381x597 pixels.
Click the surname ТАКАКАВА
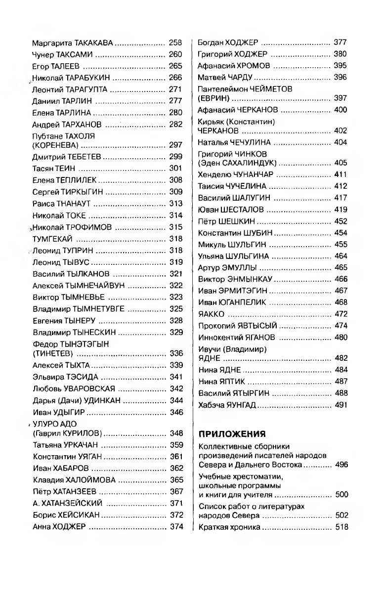(92, 43)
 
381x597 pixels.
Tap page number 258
(175, 43)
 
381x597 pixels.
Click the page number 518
(341, 527)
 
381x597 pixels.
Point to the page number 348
(176, 433)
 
